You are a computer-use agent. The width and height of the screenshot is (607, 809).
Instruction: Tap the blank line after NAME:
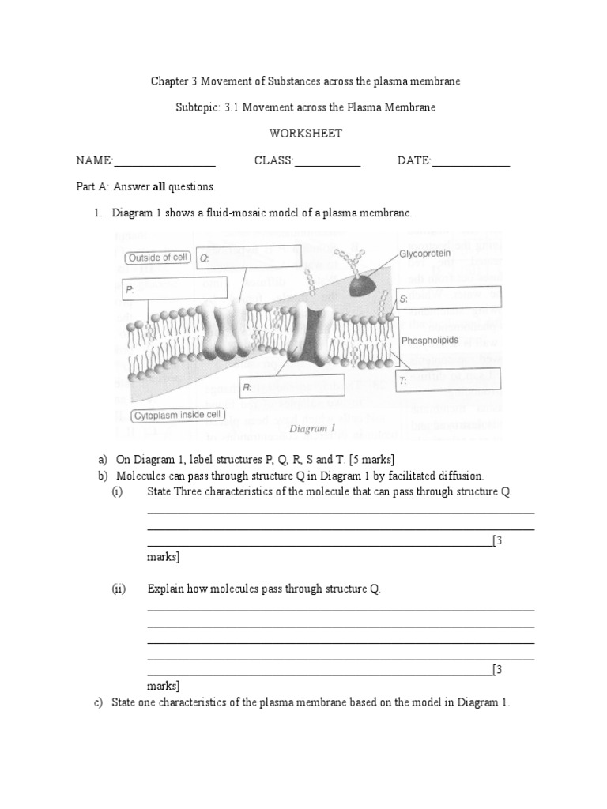click(x=164, y=162)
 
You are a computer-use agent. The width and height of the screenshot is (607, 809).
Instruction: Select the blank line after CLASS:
click(x=327, y=162)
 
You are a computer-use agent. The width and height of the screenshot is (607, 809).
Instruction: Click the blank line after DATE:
click(x=470, y=162)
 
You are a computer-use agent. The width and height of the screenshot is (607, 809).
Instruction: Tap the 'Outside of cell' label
click(x=156, y=257)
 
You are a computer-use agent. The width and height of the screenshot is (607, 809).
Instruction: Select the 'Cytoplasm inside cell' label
click(x=175, y=415)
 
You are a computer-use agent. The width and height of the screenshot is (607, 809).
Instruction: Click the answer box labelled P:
click(x=174, y=289)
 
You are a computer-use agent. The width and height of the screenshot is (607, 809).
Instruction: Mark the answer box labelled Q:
click(x=249, y=258)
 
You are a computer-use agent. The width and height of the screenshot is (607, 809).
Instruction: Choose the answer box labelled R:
click(x=292, y=386)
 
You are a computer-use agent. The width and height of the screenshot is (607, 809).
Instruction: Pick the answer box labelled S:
click(x=449, y=298)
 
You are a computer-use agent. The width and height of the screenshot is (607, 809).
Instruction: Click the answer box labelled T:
click(x=449, y=380)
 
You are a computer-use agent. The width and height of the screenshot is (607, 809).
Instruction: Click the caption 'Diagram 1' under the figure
click(x=313, y=429)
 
